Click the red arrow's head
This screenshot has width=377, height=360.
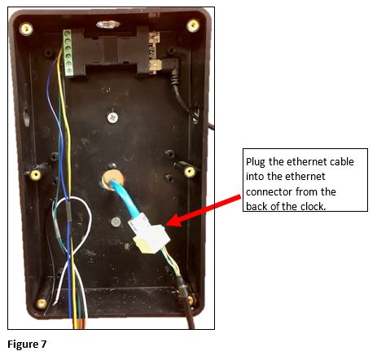point(173,220)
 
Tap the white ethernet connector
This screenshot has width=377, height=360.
point(150,234)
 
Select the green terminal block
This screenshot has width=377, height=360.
point(68,53)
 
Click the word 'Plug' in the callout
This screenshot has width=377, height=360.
point(255,162)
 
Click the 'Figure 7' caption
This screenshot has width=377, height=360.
point(27,345)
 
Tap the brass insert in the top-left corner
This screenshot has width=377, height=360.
point(26,29)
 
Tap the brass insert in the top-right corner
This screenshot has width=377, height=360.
point(193,25)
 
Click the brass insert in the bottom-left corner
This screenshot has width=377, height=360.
point(42,304)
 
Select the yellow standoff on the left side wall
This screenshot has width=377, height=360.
point(35,175)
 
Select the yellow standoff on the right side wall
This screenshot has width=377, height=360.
point(190,172)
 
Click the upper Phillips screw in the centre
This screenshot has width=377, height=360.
point(112,117)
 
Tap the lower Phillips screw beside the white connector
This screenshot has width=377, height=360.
point(116,222)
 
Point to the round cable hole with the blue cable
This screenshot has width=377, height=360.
point(112,179)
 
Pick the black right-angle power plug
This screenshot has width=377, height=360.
point(170,68)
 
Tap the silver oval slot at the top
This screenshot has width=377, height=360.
point(108,24)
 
